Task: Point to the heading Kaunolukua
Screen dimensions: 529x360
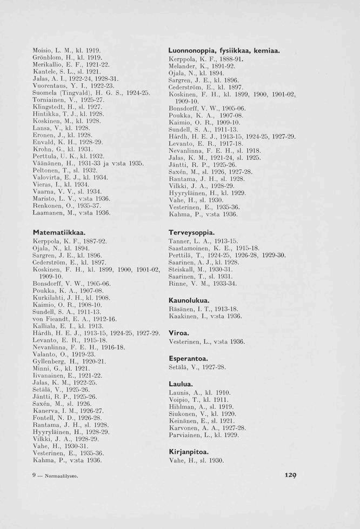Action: point(189,300)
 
